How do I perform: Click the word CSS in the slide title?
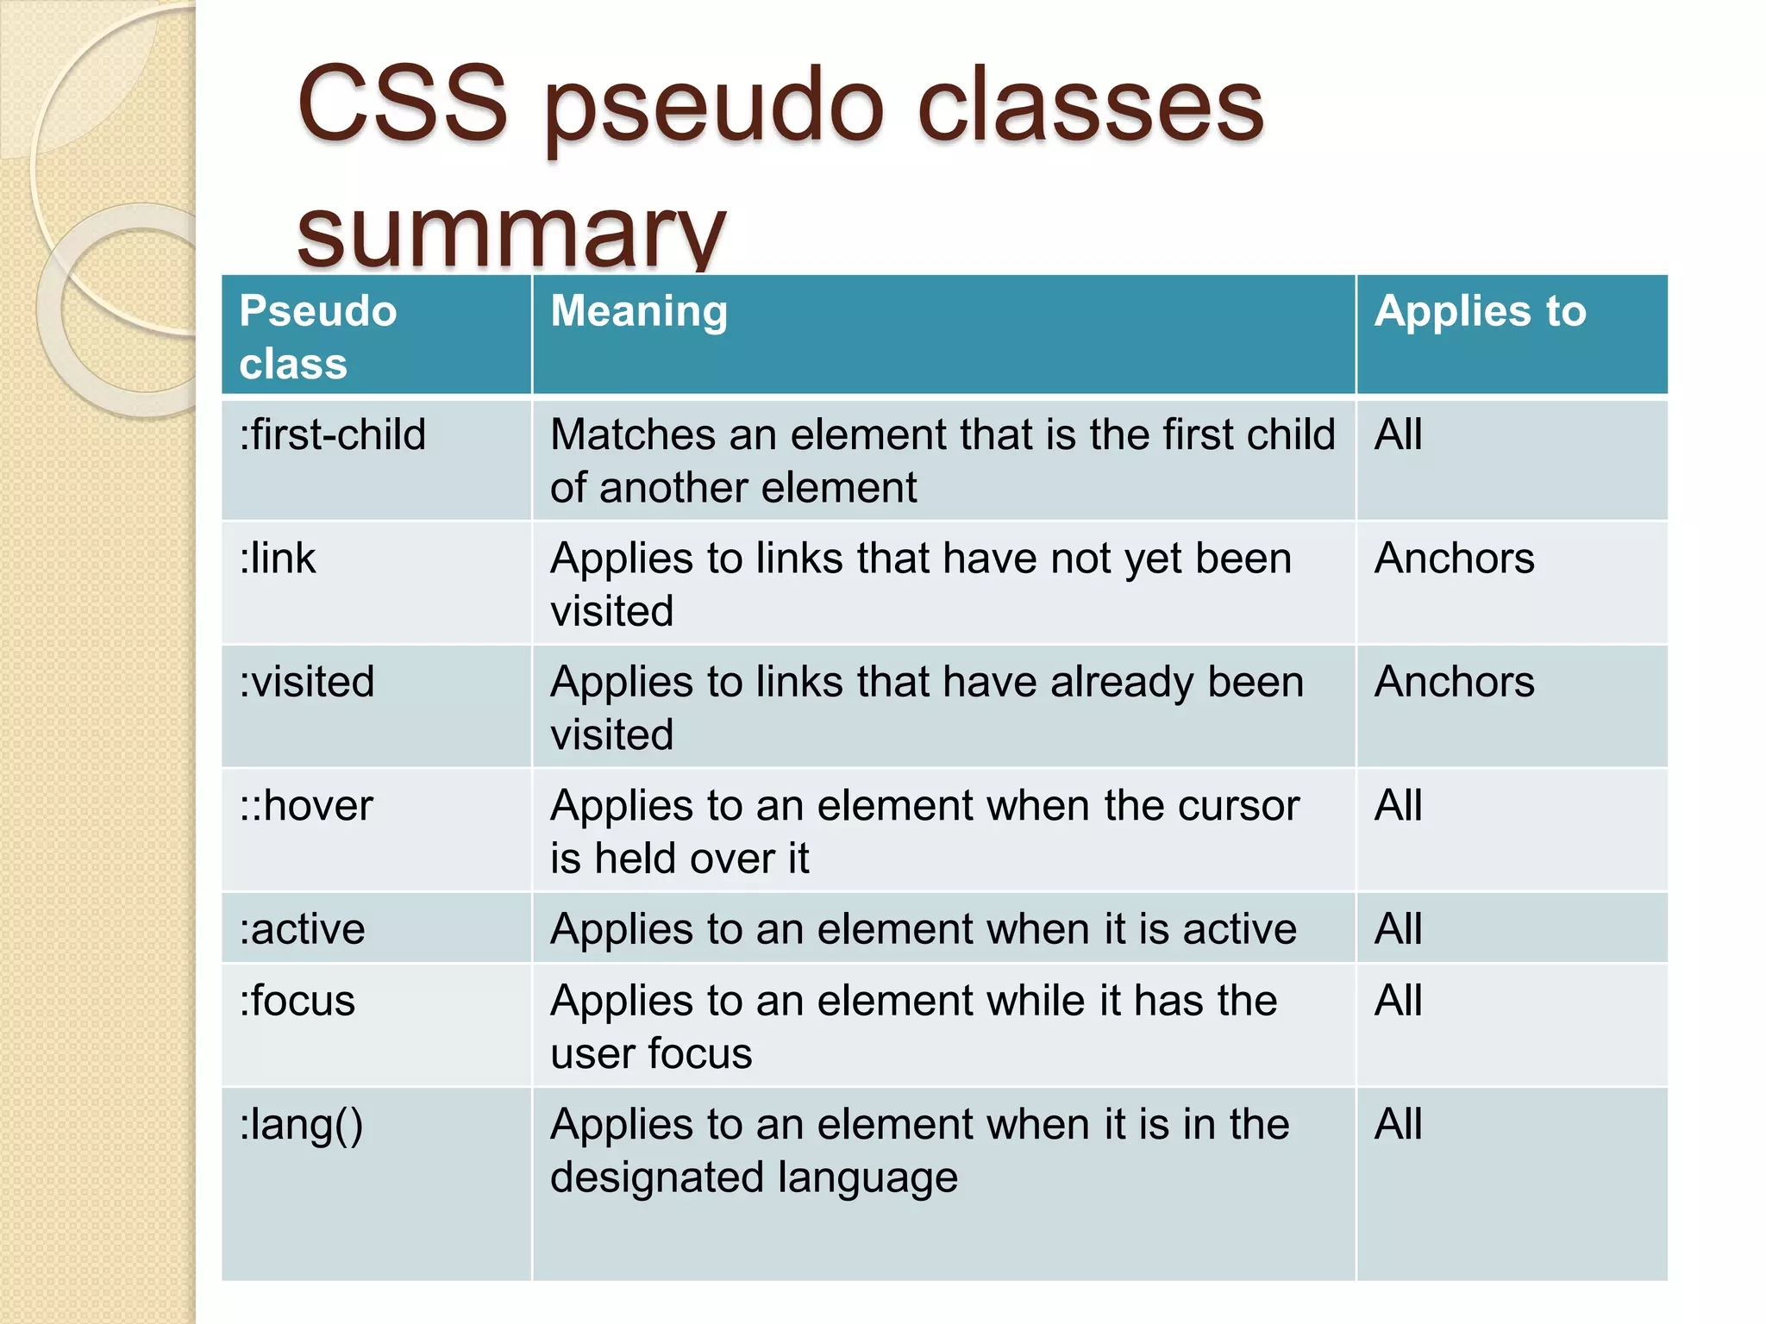403,105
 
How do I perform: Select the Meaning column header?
639,311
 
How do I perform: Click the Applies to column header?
1480,311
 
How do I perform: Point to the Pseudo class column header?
317,337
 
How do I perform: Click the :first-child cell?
333,434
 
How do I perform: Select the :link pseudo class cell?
278,559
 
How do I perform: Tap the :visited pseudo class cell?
307,682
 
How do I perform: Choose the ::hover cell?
306,806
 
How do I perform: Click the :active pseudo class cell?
303,929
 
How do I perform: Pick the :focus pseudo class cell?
297,1001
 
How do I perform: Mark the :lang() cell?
301,1126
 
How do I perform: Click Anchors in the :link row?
1454,559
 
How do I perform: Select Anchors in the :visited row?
1454,682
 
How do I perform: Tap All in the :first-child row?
1398,434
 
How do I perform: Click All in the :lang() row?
1398,1125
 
